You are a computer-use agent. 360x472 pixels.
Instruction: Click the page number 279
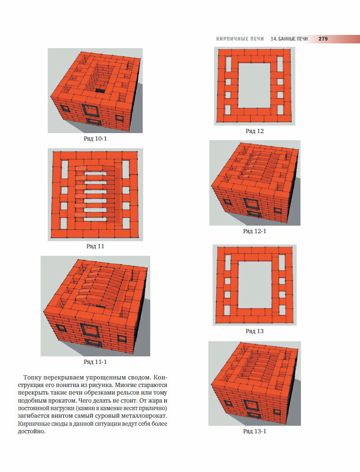coord(323,39)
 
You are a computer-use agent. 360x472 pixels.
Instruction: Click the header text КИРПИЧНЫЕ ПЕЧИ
coord(240,39)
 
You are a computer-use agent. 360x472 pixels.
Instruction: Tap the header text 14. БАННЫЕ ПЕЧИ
coord(289,39)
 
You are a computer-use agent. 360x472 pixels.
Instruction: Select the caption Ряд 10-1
coord(95,139)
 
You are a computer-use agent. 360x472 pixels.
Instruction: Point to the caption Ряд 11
coord(95,246)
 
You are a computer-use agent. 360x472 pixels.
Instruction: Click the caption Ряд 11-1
coord(95,362)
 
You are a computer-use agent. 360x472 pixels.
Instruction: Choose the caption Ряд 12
coord(255,131)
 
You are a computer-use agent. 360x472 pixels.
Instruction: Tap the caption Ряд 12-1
coord(255,231)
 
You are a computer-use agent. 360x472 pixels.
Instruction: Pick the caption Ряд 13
coord(255,331)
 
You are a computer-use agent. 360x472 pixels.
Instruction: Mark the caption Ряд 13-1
coord(255,431)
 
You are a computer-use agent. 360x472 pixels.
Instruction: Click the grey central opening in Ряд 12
coord(255,85)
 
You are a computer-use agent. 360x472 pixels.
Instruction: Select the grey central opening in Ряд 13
coord(255,285)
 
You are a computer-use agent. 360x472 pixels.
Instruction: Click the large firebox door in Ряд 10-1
coord(90,110)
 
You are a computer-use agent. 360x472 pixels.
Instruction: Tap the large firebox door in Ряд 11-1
coord(90,329)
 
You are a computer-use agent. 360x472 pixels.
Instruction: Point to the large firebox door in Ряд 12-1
coord(251,203)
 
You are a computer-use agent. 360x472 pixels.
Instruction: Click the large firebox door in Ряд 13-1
coord(251,405)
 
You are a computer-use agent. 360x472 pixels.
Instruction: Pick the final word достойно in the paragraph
coord(31,432)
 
